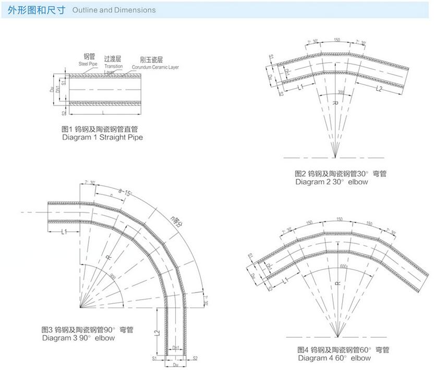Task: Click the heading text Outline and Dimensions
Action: click(x=113, y=10)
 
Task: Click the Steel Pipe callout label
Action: click(x=88, y=63)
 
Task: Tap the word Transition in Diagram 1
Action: click(x=113, y=67)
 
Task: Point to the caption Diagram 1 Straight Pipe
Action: click(x=102, y=138)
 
